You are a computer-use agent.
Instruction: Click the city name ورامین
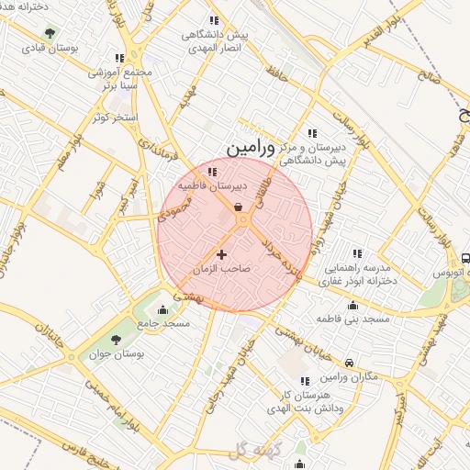click(249, 147)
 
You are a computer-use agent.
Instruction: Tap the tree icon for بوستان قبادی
click(50, 34)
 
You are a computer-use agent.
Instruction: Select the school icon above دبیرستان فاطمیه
click(213, 172)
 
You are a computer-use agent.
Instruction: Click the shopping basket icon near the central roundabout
click(239, 207)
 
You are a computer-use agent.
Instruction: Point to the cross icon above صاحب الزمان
click(221, 253)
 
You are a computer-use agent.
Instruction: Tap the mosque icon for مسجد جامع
click(163, 309)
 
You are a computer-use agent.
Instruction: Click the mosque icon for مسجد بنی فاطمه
click(352, 306)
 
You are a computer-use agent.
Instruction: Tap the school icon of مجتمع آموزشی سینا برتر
click(119, 58)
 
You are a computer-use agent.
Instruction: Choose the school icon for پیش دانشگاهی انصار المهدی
click(214, 20)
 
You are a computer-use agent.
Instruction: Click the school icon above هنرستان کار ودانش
click(305, 381)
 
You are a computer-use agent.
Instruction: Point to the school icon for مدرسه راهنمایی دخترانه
click(357, 253)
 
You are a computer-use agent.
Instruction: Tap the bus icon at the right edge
click(465, 259)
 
